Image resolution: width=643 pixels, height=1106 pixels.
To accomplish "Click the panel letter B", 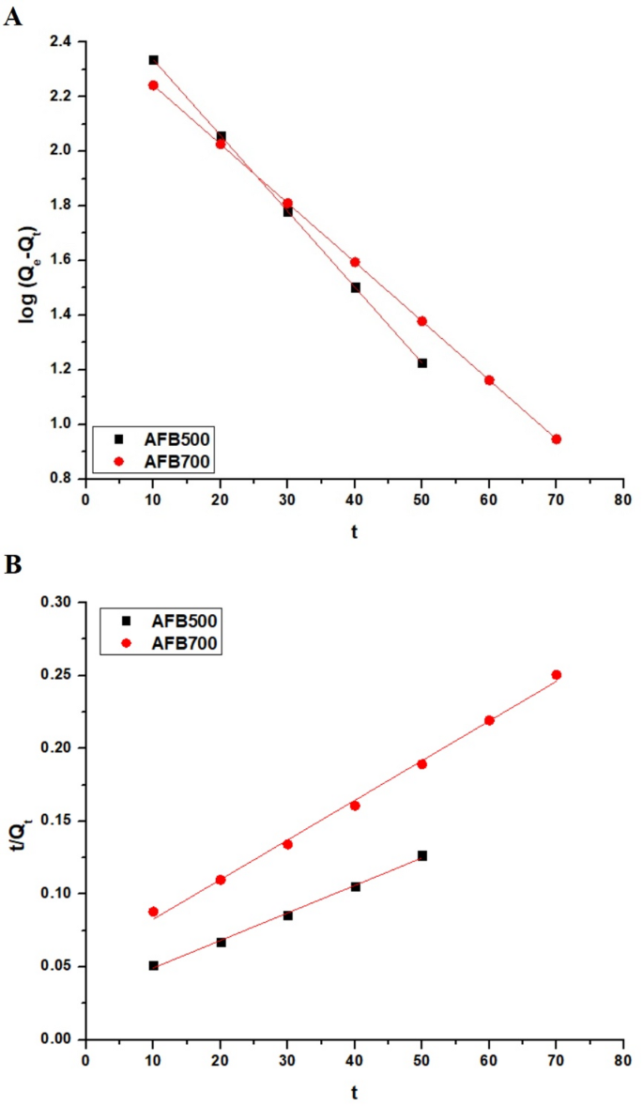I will pos(13,567).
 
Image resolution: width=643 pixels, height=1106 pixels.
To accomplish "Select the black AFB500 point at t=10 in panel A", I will pos(153,60).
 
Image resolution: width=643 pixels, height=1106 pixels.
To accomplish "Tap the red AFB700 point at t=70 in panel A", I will pos(557,438).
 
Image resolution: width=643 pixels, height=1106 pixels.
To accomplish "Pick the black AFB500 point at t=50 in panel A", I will pos(422,362).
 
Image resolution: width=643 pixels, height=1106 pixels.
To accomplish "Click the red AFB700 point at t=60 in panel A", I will pos(489,380).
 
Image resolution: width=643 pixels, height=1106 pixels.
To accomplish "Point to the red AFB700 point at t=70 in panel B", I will pos(557,674).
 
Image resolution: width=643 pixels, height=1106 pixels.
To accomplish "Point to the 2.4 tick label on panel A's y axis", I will pos(64,41).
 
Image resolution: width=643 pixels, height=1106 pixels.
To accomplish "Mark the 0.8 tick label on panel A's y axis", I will pos(64,479).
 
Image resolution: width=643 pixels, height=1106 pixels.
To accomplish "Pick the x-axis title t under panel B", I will pos(354,1092).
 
